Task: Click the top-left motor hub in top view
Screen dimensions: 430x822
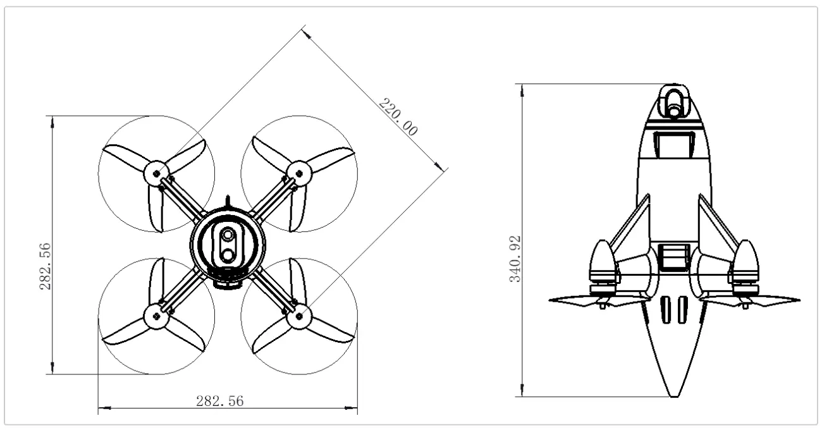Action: (156, 173)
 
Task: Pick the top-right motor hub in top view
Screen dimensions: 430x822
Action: (298, 173)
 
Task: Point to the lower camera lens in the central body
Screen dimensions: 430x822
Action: (227, 255)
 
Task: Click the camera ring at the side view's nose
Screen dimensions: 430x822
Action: (674, 101)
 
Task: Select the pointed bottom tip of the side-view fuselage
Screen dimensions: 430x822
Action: (674, 396)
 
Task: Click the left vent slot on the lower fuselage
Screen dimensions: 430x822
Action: (666, 310)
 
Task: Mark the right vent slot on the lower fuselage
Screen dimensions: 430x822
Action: (682, 310)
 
